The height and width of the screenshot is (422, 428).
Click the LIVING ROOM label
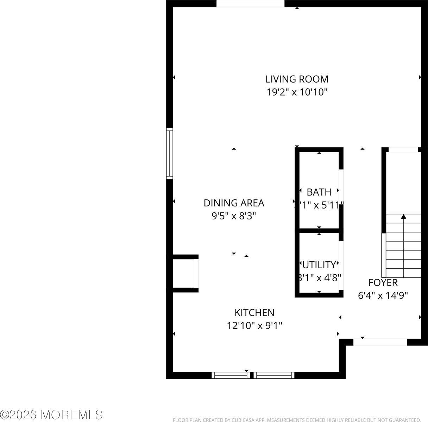(x=297, y=79)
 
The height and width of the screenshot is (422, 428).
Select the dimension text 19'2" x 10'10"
(x=297, y=92)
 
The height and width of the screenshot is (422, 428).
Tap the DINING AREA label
(x=234, y=203)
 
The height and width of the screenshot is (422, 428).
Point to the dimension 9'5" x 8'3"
(x=234, y=216)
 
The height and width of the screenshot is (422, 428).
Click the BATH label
(x=319, y=192)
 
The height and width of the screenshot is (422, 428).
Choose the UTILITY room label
(x=319, y=264)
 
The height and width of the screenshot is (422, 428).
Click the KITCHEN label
(x=254, y=312)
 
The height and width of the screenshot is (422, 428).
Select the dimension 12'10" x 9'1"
(x=254, y=326)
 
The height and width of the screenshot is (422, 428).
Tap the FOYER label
(x=383, y=282)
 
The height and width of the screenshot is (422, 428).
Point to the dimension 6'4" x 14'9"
(x=383, y=296)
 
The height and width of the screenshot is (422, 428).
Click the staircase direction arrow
(x=403, y=217)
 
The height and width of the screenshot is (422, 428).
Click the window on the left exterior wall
(x=170, y=153)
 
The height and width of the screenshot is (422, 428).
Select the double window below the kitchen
(x=253, y=375)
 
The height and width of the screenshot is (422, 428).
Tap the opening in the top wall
(x=250, y=4)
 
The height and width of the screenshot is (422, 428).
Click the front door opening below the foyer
(x=380, y=342)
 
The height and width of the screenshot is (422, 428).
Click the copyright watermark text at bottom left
(x=52, y=415)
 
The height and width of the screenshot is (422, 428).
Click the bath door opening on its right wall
(x=341, y=187)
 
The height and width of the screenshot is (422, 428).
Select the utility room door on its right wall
(x=341, y=260)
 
